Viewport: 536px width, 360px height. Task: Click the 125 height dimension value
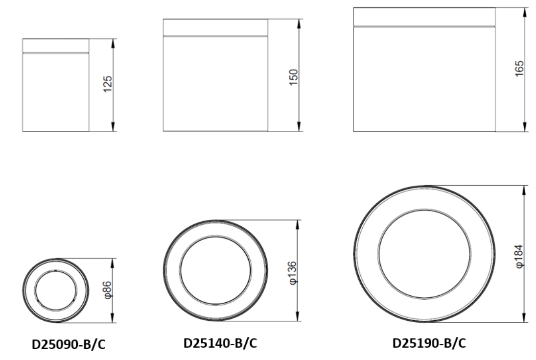[107, 84]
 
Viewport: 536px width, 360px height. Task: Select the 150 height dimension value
[293, 77]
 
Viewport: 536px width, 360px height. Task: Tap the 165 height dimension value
[519, 69]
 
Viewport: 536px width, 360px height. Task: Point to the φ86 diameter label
[107, 290]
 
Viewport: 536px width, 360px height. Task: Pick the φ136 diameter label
[293, 273]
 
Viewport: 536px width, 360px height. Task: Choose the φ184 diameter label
[519, 256]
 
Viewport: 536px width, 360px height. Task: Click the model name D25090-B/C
[69, 345]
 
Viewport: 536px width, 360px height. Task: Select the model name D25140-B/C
[220, 343]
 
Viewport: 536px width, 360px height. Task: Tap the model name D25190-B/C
[429, 343]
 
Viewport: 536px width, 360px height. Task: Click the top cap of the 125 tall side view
[56, 46]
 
